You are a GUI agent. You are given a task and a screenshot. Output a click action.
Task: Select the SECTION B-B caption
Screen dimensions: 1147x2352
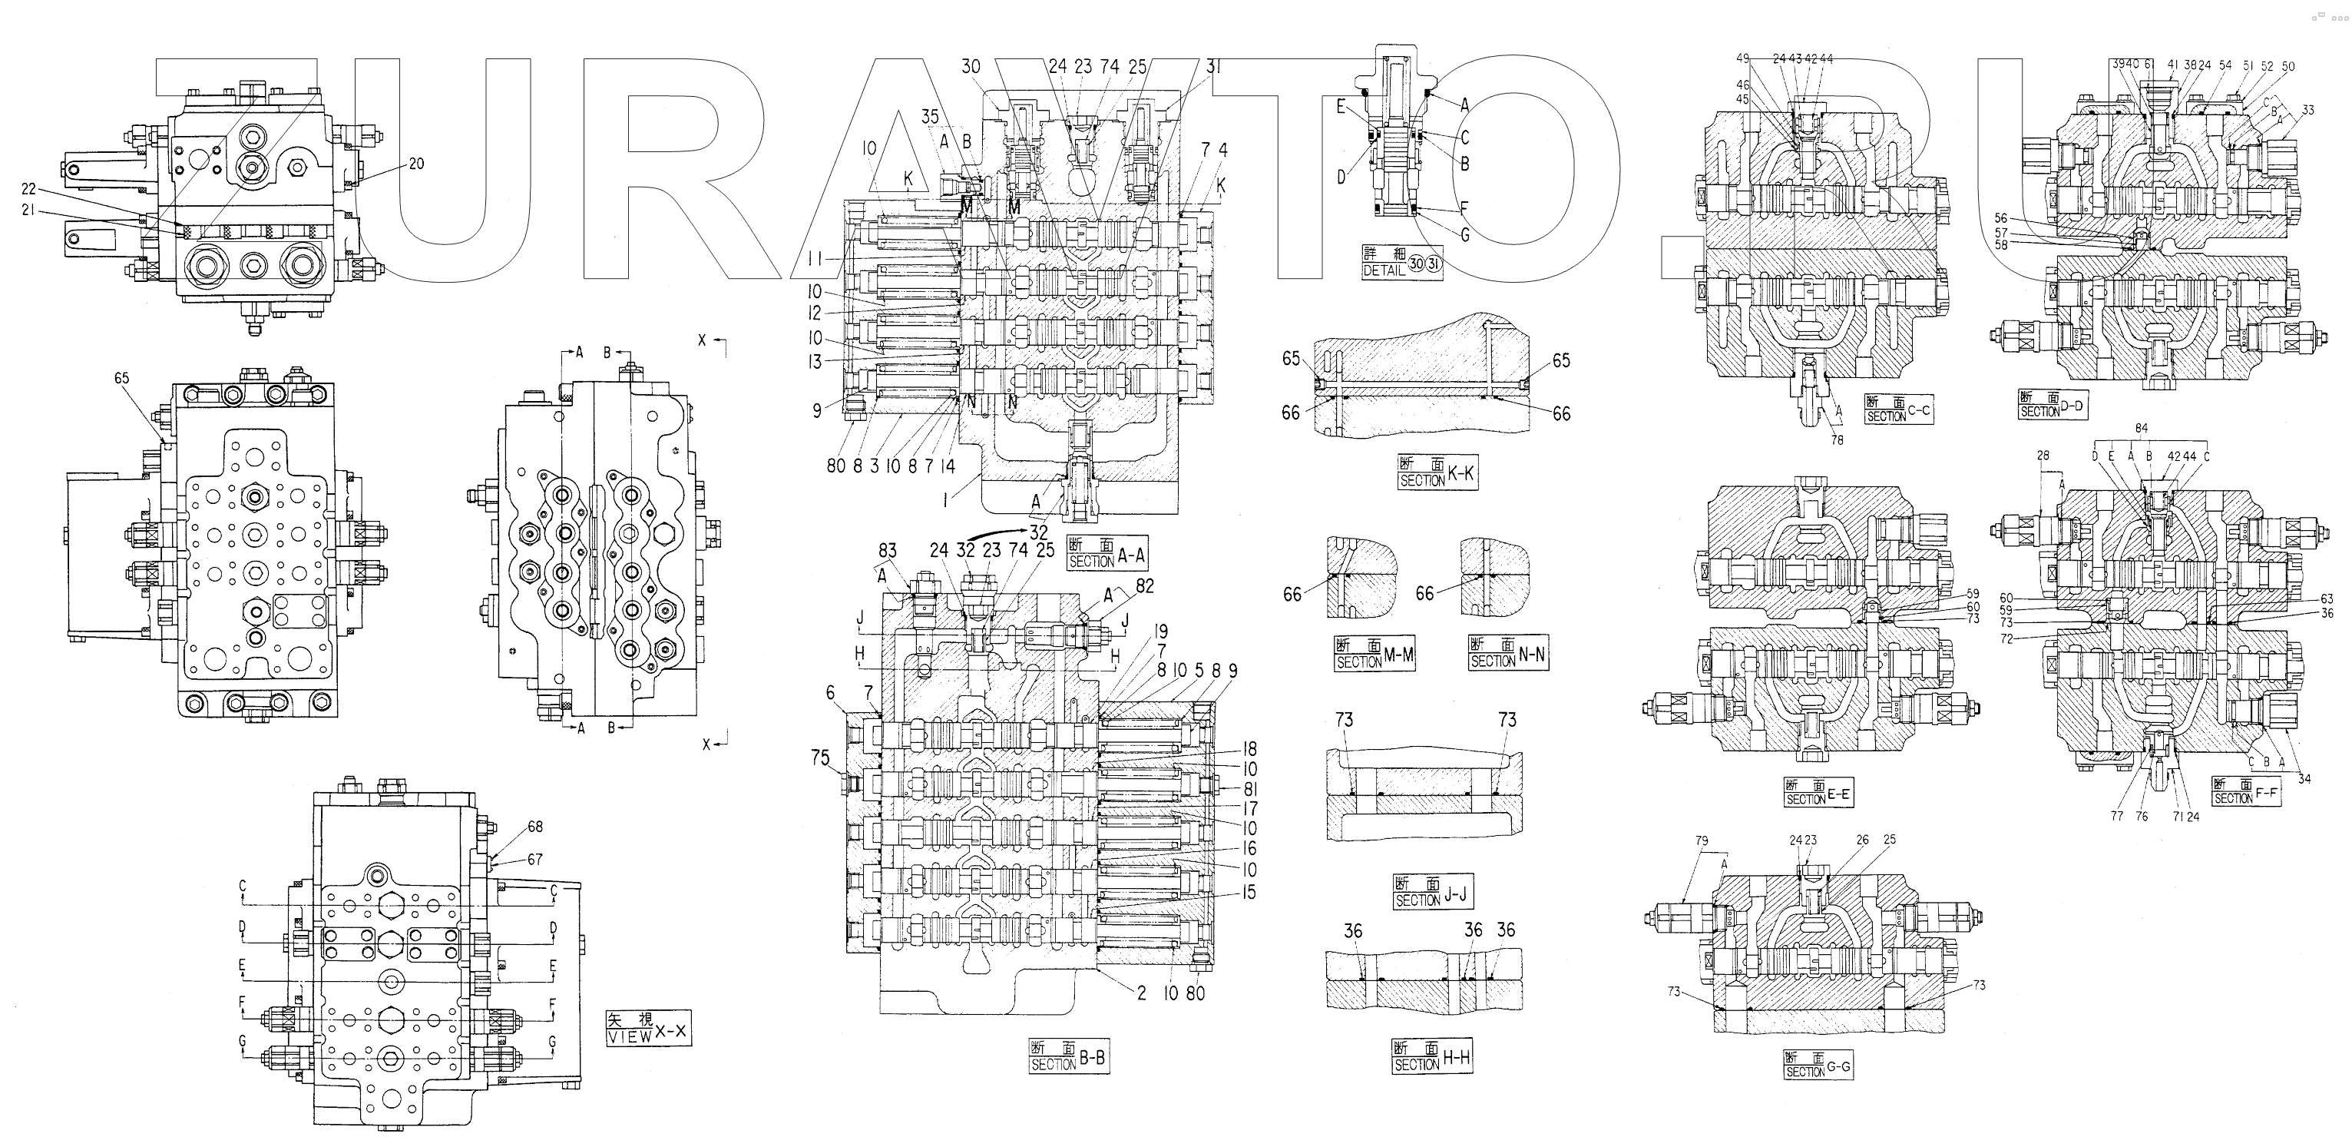click(1068, 1059)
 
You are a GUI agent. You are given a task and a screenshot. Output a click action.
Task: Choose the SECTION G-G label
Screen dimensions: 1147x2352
click(1818, 1065)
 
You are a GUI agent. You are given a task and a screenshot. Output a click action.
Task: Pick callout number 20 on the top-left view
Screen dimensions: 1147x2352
click(416, 164)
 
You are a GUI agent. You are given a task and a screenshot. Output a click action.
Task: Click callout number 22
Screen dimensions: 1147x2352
click(28, 188)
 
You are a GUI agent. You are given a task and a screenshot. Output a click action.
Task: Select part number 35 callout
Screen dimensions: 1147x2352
click(929, 116)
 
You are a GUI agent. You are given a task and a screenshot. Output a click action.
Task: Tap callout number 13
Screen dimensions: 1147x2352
click(815, 362)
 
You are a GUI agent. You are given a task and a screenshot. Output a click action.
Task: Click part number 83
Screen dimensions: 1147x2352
click(888, 550)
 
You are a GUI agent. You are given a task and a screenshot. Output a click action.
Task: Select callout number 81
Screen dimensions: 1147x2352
click(1250, 789)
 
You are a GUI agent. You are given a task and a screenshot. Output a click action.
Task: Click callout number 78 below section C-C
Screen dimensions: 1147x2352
click(1837, 439)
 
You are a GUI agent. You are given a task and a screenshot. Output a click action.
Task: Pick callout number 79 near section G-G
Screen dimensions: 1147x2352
click(1701, 840)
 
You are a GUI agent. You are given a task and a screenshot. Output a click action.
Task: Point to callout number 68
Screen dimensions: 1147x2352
click(535, 827)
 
